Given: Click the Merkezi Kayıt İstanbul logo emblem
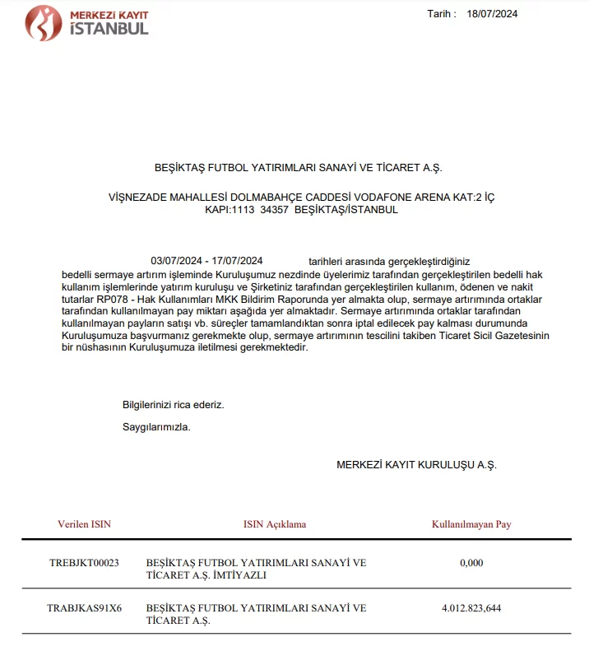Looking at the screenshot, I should [x=43, y=23].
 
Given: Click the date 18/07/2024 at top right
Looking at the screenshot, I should [x=492, y=13].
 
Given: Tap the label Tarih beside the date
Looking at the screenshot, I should [x=441, y=13].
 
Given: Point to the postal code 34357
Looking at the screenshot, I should [x=274, y=210].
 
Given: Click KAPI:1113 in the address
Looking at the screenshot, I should [x=230, y=210].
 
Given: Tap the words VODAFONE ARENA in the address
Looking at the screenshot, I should [x=398, y=198].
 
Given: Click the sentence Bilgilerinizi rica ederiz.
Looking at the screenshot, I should [x=173, y=405].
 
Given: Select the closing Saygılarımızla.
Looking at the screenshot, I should [x=156, y=427].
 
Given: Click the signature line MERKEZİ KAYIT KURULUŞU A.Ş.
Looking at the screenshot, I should [x=416, y=465].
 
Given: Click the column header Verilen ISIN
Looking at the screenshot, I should [x=84, y=524].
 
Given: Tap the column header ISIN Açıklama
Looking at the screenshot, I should [x=275, y=524].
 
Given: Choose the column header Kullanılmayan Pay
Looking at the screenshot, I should [x=471, y=524].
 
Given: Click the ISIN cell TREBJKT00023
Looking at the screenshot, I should [x=84, y=563].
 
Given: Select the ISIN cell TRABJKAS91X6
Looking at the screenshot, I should [x=84, y=609].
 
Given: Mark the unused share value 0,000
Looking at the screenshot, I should [x=471, y=563].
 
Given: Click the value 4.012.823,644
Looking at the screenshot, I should [x=471, y=609].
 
